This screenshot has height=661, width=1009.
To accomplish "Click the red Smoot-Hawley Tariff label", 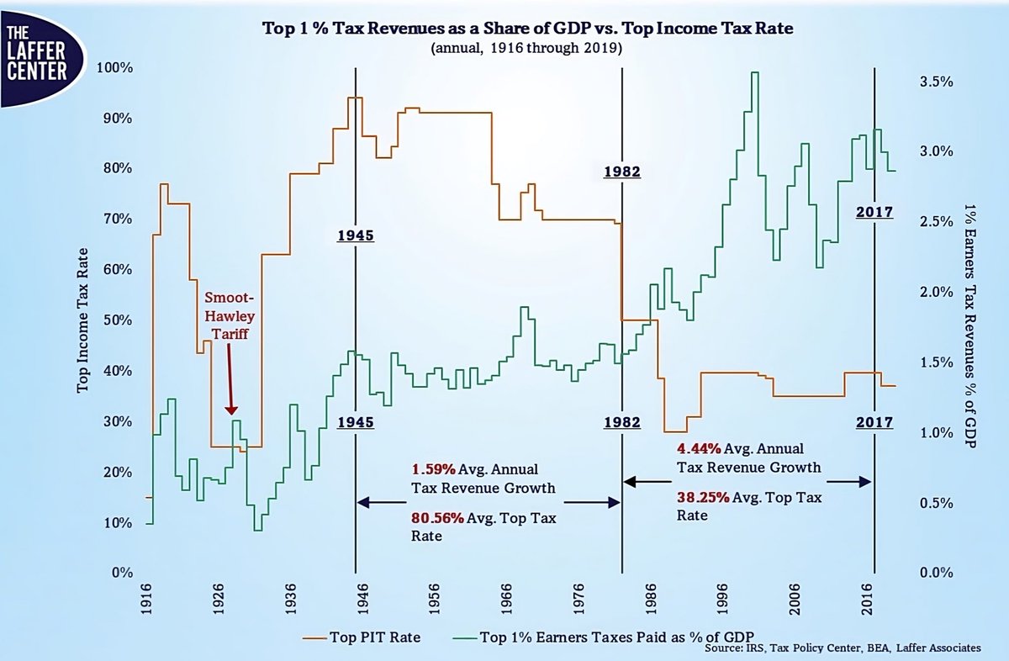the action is pyautogui.click(x=230, y=315).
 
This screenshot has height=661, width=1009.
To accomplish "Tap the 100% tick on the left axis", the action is pyautogui.click(x=115, y=68).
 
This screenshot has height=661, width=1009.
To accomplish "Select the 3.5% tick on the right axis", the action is pyautogui.click(x=937, y=82).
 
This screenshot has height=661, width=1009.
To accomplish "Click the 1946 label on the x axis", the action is pyautogui.click(x=362, y=599).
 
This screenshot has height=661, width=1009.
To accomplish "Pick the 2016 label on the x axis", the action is pyautogui.click(x=867, y=599).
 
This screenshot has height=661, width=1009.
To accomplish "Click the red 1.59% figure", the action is pyautogui.click(x=433, y=469).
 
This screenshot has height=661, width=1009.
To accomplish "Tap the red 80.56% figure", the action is pyautogui.click(x=437, y=518).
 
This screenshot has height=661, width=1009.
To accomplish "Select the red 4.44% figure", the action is pyautogui.click(x=699, y=448).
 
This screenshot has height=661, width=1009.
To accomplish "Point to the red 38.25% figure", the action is pyautogui.click(x=703, y=498).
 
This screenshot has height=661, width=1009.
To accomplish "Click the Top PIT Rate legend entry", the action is pyautogui.click(x=362, y=637).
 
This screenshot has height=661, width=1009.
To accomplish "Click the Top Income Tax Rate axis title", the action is pyautogui.click(x=82, y=320).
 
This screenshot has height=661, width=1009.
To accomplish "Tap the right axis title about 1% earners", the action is pyautogui.click(x=969, y=325).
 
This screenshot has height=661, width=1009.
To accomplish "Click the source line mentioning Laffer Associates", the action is pyautogui.click(x=843, y=648).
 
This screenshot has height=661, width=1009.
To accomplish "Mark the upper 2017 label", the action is pyautogui.click(x=874, y=212).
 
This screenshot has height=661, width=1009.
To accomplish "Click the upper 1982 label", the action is pyautogui.click(x=622, y=172).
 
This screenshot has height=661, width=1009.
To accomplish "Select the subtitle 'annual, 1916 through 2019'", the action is pyautogui.click(x=526, y=48).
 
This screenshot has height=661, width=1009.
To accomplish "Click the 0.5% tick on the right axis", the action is pyautogui.click(x=937, y=503).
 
